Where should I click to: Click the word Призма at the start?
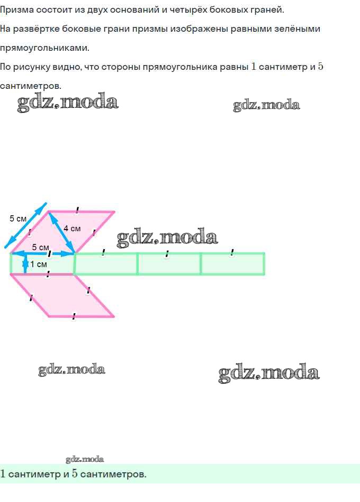(16, 10)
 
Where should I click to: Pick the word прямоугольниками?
(44, 48)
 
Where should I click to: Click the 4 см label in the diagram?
(72, 229)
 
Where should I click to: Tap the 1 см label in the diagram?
(39, 264)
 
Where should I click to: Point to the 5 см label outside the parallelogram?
(18, 218)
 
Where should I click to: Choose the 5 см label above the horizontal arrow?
(40, 248)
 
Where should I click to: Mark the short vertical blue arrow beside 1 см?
(25, 264)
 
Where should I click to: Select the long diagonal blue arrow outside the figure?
(25, 225)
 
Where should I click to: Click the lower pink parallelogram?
(62, 295)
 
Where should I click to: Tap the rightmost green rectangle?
(232, 264)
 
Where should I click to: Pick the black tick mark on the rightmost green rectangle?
(232, 253)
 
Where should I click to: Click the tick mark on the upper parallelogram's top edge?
(77, 210)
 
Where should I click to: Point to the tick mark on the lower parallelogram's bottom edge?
(74, 316)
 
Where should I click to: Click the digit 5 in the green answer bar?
(75, 473)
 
